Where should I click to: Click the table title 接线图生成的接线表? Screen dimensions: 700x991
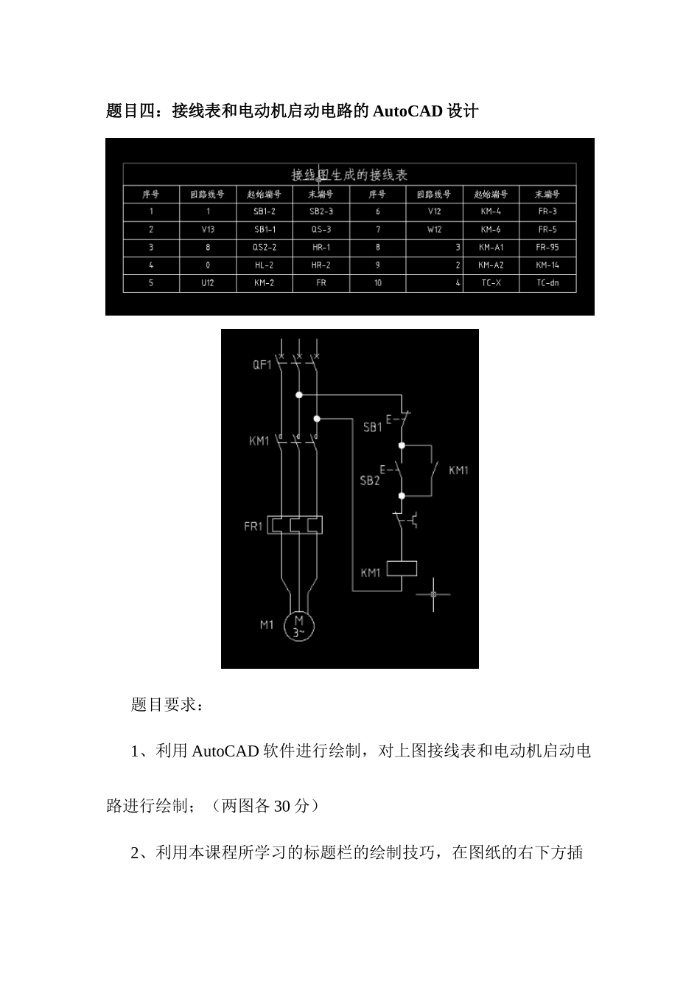coord(349,175)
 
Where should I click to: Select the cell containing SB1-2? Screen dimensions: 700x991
coord(265,212)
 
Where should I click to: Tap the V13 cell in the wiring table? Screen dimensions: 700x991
coord(208,229)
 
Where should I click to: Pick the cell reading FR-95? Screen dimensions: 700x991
coord(547,248)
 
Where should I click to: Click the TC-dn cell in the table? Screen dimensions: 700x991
coord(547,283)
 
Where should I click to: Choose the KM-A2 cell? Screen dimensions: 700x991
coord(491,265)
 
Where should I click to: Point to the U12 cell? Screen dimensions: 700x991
coord(208,283)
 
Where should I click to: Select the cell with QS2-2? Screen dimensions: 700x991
coord(265,248)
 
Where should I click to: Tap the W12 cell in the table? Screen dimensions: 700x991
coord(435,229)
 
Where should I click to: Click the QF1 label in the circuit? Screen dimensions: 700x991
coord(262,364)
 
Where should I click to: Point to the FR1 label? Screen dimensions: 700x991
coord(253,526)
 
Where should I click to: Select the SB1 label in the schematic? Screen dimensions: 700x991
coord(373,426)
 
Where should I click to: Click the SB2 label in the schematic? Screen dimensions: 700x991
coord(370,480)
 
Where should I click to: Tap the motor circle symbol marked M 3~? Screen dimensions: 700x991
coord(299,626)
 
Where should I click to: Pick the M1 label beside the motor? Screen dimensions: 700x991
coord(267,625)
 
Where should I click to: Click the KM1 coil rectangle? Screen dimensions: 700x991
coord(402,568)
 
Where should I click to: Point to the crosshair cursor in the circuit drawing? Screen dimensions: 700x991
coord(433,594)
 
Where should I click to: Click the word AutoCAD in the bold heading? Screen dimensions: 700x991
coord(407,111)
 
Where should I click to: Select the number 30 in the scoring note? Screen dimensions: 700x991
coord(282,806)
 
